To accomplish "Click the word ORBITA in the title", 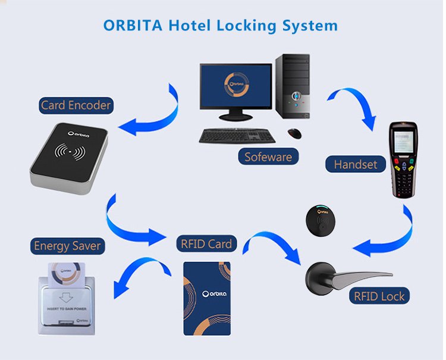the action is [x=133, y=26].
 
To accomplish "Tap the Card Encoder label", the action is [x=76, y=105].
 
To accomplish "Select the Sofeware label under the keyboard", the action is [x=268, y=157].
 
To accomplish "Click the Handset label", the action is [x=355, y=164].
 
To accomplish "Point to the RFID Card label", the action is [x=206, y=244].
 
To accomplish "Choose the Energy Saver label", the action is [x=67, y=246].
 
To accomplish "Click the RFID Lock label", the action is [x=379, y=296].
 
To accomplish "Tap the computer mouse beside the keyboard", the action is [x=294, y=133].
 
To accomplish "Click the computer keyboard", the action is [x=237, y=136].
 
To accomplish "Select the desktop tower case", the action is [x=293, y=86].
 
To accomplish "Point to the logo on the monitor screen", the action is [x=236, y=84].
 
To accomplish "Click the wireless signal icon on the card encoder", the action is [x=70, y=151].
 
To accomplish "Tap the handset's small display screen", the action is [x=403, y=143].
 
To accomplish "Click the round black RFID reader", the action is [x=321, y=220].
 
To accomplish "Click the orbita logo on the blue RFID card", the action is [x=214, y=294].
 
